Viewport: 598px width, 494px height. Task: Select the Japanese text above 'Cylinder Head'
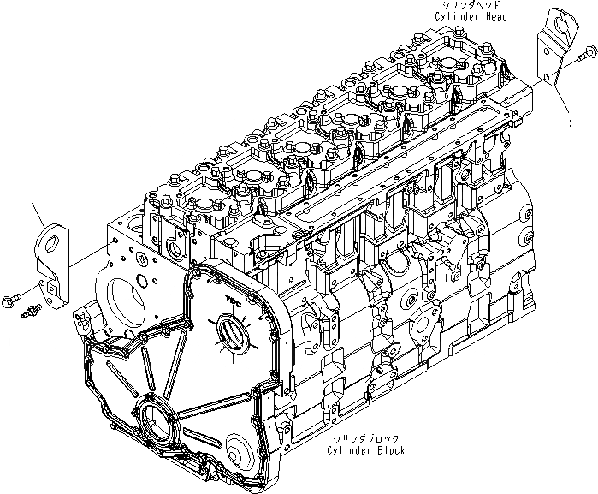(x=471, y=6)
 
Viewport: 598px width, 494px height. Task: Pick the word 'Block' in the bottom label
(x=387, y=450)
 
